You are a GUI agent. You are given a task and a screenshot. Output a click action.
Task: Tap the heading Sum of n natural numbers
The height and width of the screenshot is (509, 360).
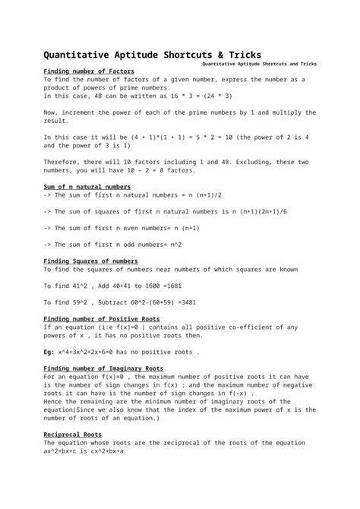coord(87,187)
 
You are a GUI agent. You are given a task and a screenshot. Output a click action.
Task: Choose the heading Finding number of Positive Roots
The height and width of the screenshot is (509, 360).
coord(102,318)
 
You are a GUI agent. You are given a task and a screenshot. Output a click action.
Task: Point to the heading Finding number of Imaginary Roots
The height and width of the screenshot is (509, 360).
coord(105,368)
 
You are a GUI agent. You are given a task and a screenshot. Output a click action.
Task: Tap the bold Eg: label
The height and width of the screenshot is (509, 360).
coord(49,351)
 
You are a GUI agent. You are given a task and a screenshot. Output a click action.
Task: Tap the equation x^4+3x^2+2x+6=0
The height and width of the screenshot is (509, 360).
coord(103,351)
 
